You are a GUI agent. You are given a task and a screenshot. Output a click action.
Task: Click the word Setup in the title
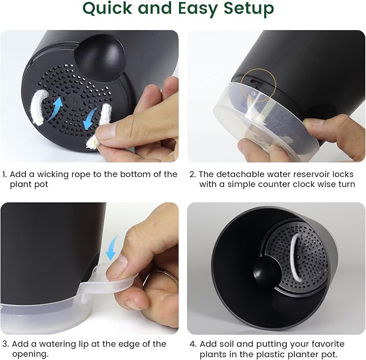coord(249,9)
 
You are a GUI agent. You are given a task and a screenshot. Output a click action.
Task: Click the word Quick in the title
coord(108,9)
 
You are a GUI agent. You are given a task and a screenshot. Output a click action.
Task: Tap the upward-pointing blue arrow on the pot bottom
coord(56,108)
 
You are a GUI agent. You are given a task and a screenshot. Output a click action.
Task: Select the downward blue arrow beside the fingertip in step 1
coord(91,118)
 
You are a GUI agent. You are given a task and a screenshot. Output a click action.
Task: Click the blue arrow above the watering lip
coord(112,248)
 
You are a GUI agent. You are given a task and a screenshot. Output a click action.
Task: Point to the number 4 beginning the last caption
coord(192,344)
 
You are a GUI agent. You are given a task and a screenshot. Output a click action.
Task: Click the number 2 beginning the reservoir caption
coord(192,175)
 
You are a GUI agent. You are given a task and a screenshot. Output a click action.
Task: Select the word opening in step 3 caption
coord(30,355)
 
